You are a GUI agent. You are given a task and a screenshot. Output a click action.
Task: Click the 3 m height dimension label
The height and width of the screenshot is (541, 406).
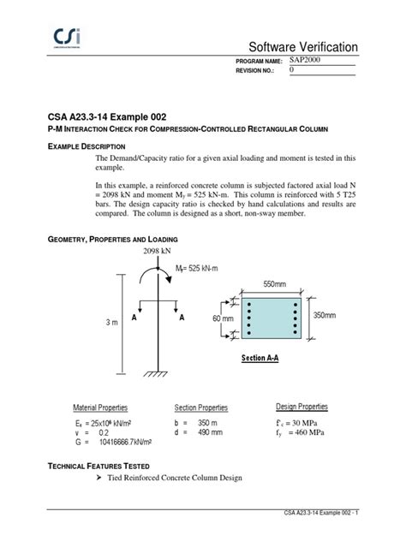[x=111, y=322]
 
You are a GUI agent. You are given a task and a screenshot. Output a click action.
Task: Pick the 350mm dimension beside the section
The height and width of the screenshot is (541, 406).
[x=330, y=315]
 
